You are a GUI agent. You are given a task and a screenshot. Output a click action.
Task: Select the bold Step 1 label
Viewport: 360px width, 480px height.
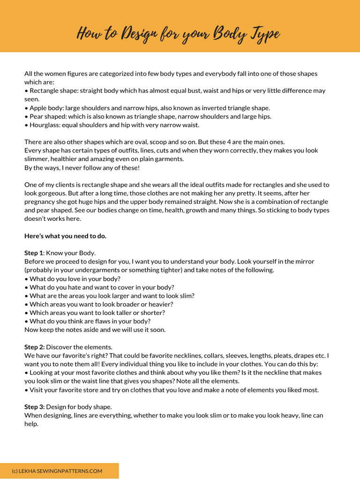click(34, 253)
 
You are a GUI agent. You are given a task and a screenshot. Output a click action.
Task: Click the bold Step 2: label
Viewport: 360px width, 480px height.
click(35, 347)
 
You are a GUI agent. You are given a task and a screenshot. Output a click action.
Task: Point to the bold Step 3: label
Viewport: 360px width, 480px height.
click(35, 406)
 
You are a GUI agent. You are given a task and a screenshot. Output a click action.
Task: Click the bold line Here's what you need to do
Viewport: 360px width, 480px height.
click(65, 236)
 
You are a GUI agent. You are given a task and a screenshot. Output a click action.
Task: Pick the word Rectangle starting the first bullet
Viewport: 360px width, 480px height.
click(45, 90)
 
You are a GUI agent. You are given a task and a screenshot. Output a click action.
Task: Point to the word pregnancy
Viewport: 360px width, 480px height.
click(42, 202)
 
